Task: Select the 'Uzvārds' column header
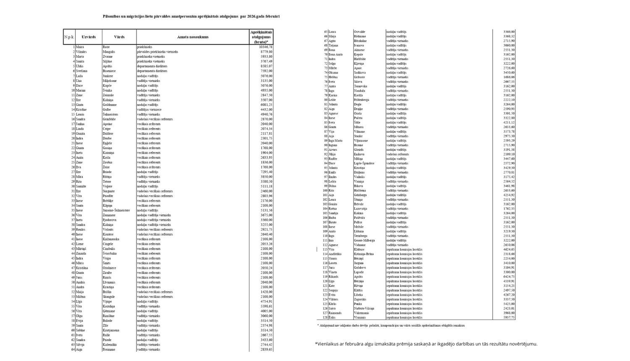pos(89,37)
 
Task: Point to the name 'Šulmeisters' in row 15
pos(110,114)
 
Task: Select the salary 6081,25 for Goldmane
pos(265,105)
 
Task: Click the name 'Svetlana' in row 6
pos(81,71)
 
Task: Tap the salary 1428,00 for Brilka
pos(266,292)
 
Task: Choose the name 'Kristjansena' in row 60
pos(111,330)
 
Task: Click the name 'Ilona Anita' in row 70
pos(336,55)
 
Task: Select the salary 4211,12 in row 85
pos(509,123)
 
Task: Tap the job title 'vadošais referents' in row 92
pos(397,154)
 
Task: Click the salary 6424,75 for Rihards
pos(509,277)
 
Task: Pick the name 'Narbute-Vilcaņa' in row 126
pos(364,309)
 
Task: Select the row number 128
pos(325,317)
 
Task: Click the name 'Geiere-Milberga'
pos(364,241)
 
